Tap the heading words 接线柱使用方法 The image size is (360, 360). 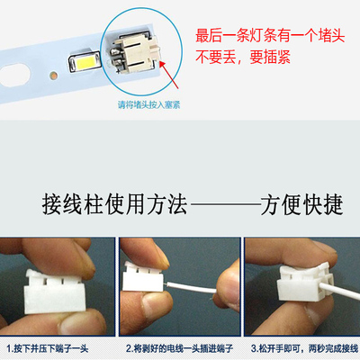98,204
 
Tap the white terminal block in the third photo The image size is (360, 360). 302,288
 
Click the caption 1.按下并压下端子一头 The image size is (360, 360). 56,347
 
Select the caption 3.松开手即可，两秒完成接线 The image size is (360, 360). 301,347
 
